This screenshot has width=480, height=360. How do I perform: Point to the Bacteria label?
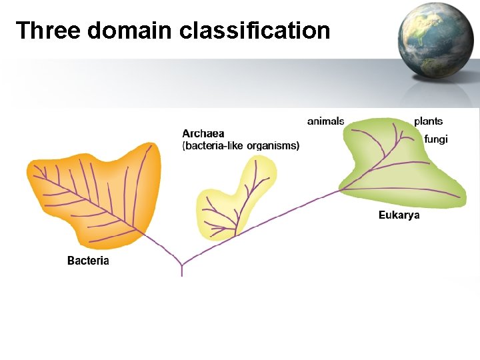pos(88,261)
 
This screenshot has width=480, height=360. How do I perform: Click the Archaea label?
pos(203,133)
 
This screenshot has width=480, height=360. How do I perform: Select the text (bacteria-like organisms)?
pos(241,145)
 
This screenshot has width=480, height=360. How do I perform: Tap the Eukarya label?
pos(399,215)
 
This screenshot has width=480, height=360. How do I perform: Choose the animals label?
pos(325,121)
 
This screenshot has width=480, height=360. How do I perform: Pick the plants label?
pos(428,121)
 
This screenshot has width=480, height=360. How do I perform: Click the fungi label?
pos(436,139)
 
